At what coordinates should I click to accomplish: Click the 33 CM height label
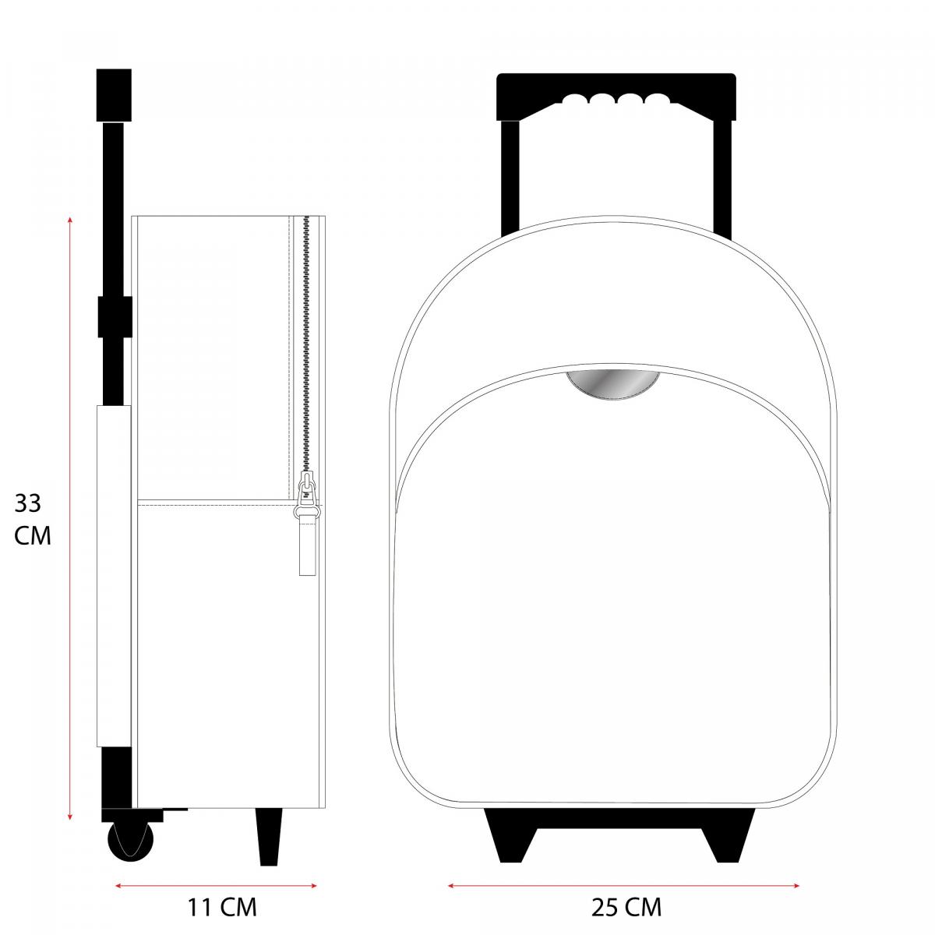point(32,519)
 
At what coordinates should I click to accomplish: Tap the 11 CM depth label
point(222,907)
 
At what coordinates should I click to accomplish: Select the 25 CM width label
point(626,907)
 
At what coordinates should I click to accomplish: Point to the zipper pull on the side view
point(307,524)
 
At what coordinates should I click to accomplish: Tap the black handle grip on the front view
point(616,96)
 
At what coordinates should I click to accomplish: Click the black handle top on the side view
point(114,95)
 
